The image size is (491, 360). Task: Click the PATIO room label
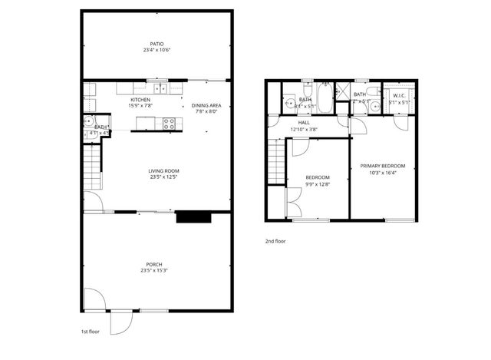pos(157,44)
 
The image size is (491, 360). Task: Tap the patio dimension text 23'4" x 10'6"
pos(157,51)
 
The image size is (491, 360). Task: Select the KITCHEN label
pos(140,101)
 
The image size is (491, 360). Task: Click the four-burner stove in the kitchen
pos(169,122)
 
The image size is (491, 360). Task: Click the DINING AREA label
pos(206,105)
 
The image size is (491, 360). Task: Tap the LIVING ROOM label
pos(157,171)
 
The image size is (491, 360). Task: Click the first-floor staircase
pos(93,165)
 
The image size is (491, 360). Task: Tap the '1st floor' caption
pos(91,332)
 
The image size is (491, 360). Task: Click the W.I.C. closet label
pos(399,96)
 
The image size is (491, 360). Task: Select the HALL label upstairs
pos(305,122)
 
